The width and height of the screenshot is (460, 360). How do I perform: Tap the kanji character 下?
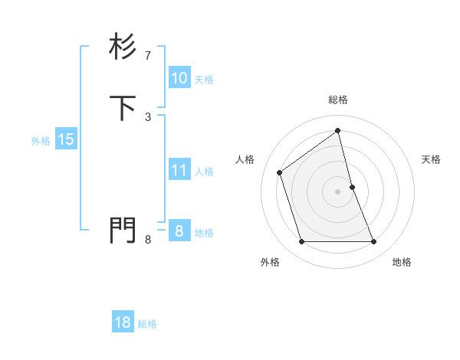123,108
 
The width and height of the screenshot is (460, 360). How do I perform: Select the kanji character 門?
123,231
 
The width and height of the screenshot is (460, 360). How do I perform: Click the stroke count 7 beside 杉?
148,56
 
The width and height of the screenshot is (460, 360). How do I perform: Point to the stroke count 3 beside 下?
148,116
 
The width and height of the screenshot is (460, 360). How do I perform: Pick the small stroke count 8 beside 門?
148,240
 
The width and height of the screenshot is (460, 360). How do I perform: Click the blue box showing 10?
179,78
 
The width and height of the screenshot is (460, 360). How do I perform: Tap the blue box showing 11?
179,170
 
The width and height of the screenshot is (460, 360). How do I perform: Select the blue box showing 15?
65,139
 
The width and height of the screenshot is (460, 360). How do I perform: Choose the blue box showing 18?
123,322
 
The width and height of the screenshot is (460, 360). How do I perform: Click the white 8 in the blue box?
179,231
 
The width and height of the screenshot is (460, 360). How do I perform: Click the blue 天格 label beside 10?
204,80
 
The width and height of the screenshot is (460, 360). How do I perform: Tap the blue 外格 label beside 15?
41,141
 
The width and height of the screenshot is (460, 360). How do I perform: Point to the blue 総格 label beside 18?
147,324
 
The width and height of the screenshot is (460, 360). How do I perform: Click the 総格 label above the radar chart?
338,100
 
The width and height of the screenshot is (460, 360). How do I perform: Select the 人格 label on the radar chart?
245,159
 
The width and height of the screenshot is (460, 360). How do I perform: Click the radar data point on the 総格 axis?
338,131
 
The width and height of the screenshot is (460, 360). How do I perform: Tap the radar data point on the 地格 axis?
374,242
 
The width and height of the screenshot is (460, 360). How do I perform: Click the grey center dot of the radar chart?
338,191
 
